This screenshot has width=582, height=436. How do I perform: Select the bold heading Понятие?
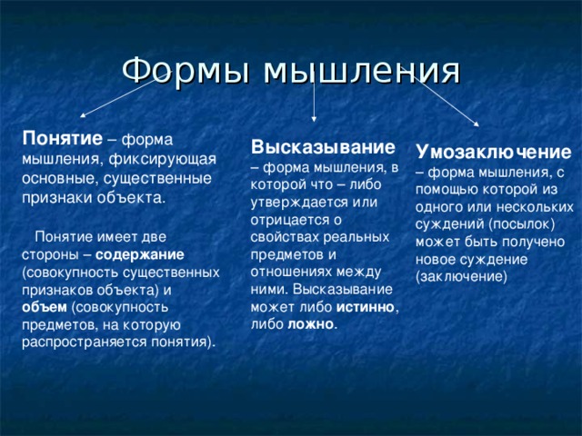62,137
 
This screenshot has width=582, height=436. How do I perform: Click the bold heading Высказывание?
323,147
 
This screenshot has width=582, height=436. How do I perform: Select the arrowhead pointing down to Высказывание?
314,116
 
